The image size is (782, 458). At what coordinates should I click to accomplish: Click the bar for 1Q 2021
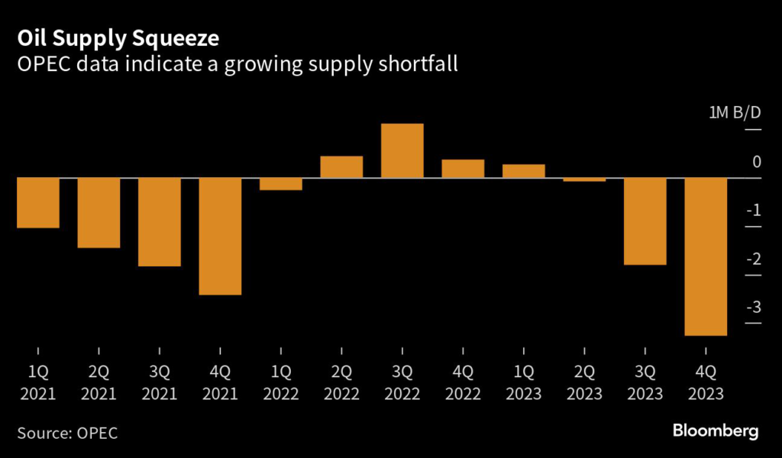[38, 203]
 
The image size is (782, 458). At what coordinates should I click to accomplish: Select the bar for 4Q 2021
[220, 236]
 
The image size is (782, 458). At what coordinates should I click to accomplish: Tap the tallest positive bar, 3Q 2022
[402, 150]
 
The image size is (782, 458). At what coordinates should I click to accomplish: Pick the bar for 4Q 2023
[706, 256]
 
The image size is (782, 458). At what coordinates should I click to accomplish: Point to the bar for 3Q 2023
[645, 221]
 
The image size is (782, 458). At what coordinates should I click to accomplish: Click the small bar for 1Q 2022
[281, 184]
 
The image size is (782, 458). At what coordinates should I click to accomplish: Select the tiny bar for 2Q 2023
[584, 179]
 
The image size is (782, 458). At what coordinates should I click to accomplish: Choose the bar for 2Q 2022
[341, 167]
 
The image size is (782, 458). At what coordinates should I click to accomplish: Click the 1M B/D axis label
[735, 113]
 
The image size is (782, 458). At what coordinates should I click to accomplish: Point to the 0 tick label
[756, 161]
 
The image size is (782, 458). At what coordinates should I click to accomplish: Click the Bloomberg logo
[716, 431]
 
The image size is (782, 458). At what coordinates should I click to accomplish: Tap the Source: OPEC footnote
[67, 433]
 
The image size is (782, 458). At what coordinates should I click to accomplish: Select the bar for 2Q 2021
[99, 213]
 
